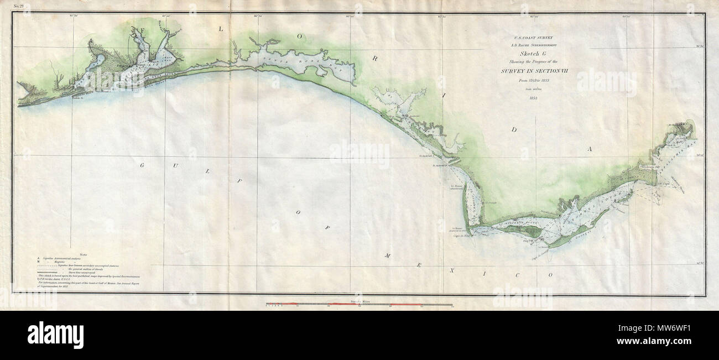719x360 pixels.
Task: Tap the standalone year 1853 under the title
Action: tap(533, 98)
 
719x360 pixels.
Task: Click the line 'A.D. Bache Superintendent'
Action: tap(534, 44)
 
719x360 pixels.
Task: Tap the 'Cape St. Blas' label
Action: tap(461, 236)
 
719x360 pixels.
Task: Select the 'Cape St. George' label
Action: tap(539, 252)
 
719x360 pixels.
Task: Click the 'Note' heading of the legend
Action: tap(84, 254)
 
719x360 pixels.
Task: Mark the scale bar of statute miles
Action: tap(359, 304)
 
